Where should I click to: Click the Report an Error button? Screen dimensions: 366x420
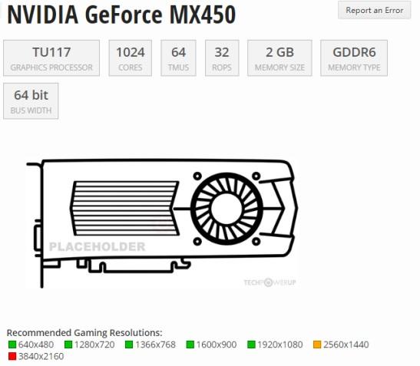tap(374, 10)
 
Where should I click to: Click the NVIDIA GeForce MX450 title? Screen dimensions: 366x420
tap(121, 15)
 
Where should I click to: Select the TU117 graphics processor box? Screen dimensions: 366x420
tap(51, 58)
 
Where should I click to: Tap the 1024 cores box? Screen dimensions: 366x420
tap(130, 58)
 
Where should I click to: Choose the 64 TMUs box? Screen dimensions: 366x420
tap(178, 58)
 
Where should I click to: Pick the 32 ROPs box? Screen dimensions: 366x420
tap(222, 58)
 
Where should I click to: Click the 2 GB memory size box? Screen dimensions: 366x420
tap(279, 58)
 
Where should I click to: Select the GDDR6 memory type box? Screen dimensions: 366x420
tap(354, 58)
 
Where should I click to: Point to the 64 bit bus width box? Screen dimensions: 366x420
tap(31, 101)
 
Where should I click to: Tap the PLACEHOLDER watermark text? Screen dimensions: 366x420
tap(97, 247)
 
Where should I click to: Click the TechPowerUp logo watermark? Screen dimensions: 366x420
tap(270, 282)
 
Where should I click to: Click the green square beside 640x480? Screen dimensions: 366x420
tap(12, 345)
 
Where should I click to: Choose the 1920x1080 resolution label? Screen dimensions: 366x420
tap(280, 345)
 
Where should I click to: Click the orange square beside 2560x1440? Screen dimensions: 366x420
tap(316, 345)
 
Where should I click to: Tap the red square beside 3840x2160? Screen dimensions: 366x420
tap(12, 356)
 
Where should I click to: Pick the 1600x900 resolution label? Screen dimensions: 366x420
tap(216, 345)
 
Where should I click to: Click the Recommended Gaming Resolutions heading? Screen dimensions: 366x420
tap(84, 332)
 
